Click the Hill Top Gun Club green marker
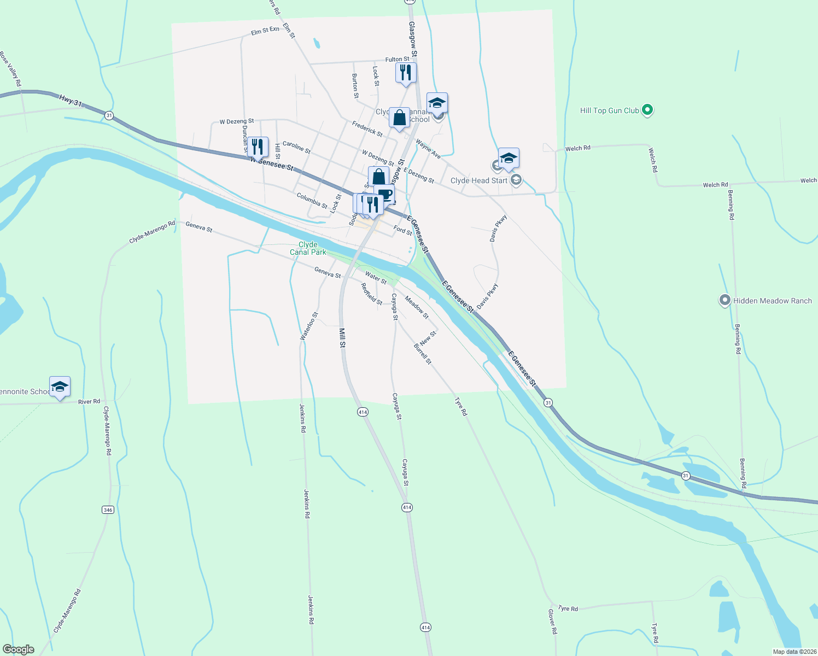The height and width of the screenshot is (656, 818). pyautogui.click(x=647, y=110)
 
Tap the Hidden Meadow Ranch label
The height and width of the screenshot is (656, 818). pyautogui.click(x=772, y=301)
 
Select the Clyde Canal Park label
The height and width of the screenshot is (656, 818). pyautogui.click(x=308, y=248)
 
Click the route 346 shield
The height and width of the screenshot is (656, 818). pyautogui.click(x=108, y=509)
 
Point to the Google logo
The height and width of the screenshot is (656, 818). pyautogui.click(x=18, y=649)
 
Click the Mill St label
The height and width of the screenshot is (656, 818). pyautogui.click(x=342, y=338)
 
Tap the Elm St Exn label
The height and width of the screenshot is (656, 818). pyautogui.click(x=265, y=31)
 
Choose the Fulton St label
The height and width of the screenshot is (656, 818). pyautogui.click(x=397, y=59)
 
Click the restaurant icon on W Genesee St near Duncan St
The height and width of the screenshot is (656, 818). pyautogui.click(x=258, y=147)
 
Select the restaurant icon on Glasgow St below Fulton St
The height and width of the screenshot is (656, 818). pyautogui.click(x=406, y=73)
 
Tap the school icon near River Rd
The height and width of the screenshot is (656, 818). pyautogui.click(x=60, y=387)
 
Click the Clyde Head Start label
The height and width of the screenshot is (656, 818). pyautogui.click(x=479, y=180)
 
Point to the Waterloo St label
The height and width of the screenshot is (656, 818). pyautogui.click(x=309, y=326)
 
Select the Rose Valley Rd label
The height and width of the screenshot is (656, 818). pyautogui.click(x=10, y=69)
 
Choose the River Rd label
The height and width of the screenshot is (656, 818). pyautogui.click(x=89, y=401)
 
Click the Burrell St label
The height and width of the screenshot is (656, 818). pyautogui.click(x=423, y=354)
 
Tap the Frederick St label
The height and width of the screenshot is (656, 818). pyautogui.click(x=367, y=128)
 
